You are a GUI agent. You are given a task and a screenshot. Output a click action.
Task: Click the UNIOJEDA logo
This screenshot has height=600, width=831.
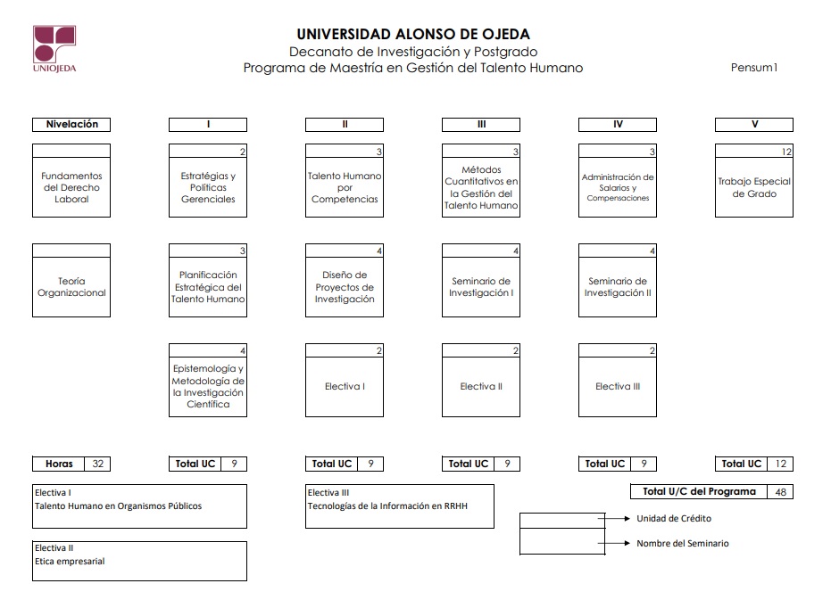[54, 49]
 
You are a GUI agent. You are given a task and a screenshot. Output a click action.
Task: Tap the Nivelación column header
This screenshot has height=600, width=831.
[71, 125]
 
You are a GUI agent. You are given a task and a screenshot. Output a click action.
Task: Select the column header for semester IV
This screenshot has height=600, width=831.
[618, 125]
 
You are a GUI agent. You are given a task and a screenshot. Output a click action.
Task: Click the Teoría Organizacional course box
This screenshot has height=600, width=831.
[71, 280]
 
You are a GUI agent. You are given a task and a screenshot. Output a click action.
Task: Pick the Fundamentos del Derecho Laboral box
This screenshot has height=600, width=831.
[71, 181]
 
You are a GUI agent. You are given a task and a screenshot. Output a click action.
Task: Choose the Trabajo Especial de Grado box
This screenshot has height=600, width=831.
[754, 181]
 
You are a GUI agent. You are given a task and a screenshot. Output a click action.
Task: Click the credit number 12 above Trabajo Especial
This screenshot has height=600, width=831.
[786, 152]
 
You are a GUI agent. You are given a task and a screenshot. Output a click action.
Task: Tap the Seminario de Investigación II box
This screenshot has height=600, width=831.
[618, 280]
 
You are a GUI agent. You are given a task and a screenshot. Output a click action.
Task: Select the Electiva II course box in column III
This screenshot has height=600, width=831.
[481, 380]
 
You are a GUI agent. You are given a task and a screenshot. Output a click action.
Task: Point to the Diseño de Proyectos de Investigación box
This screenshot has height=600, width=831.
[345, 280]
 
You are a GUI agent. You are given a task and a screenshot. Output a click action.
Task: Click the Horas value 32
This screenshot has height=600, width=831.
[97, 464]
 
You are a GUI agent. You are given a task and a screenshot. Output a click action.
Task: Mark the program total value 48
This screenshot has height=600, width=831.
[781, 492]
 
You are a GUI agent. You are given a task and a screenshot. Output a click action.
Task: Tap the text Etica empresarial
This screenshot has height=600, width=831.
[70, 562]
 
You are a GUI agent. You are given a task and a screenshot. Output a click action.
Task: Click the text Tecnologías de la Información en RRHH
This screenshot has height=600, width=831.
[387, 506]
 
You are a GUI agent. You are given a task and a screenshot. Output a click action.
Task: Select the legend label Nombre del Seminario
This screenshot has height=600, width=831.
[683, 543]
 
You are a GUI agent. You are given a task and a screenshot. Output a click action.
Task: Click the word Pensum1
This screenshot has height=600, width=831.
[754, 67]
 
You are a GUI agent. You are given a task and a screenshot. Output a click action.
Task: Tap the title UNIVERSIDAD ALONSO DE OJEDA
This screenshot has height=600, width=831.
[413, 35]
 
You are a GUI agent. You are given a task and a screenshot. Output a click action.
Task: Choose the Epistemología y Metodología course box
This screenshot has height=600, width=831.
[208, 380]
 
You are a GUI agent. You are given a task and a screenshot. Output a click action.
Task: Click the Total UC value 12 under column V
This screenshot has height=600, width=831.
[781, 464]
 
